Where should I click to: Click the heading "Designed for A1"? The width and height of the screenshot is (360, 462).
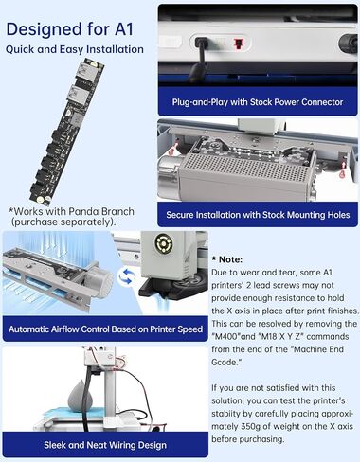pos(70,29)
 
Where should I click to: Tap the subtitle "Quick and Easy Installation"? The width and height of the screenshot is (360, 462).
pos(75,49)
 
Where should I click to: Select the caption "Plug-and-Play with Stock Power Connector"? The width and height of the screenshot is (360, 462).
pos(258,102)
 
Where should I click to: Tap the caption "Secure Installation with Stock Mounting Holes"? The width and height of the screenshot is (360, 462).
pos(258,215)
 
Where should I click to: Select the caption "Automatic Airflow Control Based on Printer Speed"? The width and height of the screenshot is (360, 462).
pos(105,329)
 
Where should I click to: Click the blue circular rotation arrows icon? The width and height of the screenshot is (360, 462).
pos(127,276)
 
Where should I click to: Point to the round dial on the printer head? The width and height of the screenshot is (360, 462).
pos(163,243)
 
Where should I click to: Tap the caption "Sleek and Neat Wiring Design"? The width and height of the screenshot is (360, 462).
pos(105,445)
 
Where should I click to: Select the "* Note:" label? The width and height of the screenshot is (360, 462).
pos(227,259)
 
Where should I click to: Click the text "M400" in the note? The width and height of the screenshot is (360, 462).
pos(226,336)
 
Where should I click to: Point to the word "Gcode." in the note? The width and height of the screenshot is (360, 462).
pos(226,363)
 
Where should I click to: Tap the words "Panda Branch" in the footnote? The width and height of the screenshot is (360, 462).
pos(101,211)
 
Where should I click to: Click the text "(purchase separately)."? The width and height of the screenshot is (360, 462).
pos(63,222)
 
